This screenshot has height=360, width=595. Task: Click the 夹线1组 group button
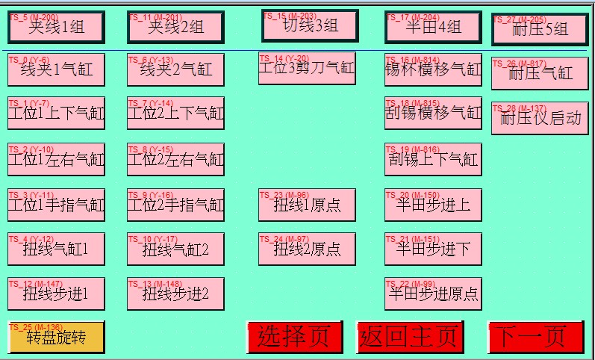(x=56, y=28)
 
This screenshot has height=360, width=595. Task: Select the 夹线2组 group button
(x=175, y=28)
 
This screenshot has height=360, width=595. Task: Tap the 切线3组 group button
(x=310, y=26)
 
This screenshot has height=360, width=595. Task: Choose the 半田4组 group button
(x=433, y=28)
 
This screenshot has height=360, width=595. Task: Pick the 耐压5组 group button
(x=540, y=30)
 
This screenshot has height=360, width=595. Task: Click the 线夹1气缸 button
(x=56, y=70)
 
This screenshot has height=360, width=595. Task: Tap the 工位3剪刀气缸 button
(x=307, y=68)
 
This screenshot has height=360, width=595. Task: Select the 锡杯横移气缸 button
(x=433, y=70)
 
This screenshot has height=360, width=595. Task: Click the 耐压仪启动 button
(x=540, y=119)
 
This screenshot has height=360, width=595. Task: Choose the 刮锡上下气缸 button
(x=433, y=159)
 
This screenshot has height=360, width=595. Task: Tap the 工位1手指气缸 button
(x=56, y=205)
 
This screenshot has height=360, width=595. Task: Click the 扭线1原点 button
(x=307, y=205)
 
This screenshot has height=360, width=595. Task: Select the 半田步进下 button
(x=433, y=249)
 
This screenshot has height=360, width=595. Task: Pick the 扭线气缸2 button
(x=175, y=249)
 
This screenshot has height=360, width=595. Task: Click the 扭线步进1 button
(x=56, y=294)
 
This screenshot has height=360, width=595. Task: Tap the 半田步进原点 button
(x=433, y=294)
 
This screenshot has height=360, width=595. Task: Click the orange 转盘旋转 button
(x=56, y=337)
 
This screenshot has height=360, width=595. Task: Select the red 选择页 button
(x=294, y=337)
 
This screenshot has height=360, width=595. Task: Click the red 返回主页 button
(x=409, y=337)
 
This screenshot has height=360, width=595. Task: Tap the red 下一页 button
(x=535, y=337)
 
